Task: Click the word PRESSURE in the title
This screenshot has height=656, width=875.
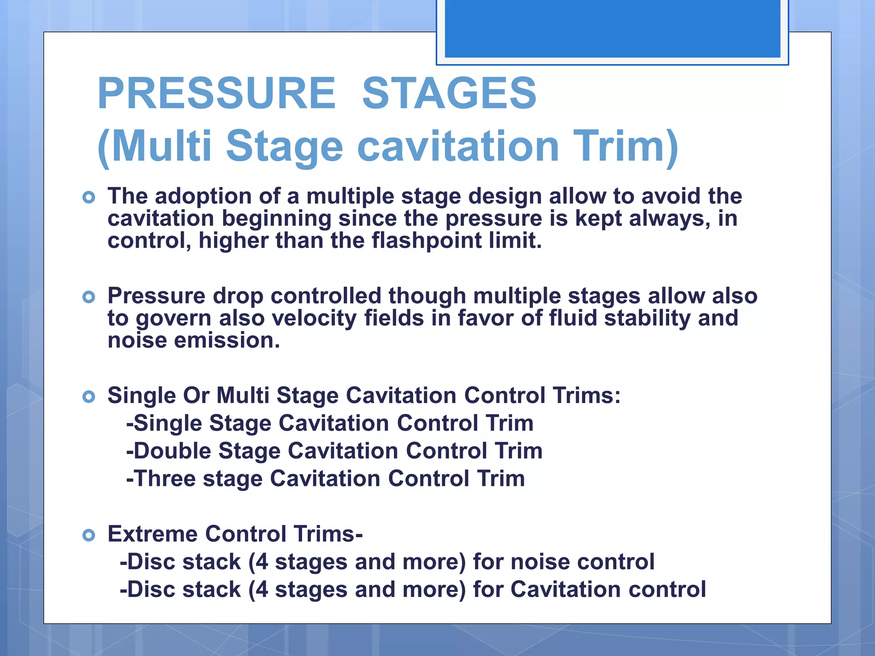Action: [217, 93]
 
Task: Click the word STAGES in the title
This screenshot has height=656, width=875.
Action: [449, 93]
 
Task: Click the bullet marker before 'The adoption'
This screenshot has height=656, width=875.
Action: [88, 197]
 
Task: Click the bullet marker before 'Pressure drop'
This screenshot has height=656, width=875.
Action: [88, 297]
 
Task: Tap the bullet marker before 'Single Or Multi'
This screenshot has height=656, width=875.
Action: [88, 397]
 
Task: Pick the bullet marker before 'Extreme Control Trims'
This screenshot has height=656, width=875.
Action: [88, 535]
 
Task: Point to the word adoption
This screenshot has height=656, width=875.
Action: [203, 196]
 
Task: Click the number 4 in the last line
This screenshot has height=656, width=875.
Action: [261, 589]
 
